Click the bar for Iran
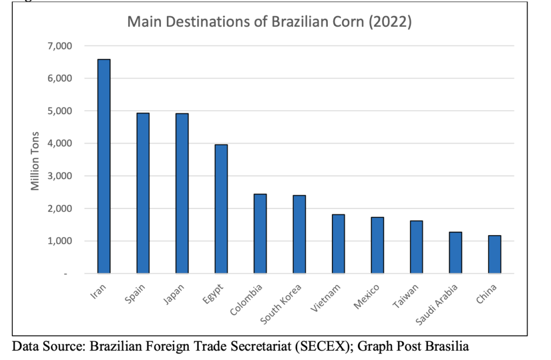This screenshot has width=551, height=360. point(104,166)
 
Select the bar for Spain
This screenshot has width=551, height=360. point(143,193)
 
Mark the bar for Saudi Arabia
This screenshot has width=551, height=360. point(455,252)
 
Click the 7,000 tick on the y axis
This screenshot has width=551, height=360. point(60,46)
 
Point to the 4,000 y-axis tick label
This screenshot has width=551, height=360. point(60,144)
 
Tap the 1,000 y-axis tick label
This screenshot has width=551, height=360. point(60,241)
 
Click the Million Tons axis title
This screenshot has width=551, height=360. point(36,160)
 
